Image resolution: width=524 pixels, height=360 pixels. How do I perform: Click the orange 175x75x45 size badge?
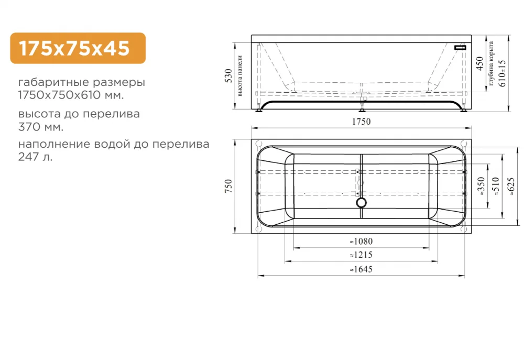78,48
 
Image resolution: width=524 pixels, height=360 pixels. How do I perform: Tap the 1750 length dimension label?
361,122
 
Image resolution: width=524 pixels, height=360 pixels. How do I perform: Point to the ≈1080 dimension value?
361,242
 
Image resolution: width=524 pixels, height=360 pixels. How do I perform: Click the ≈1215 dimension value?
361,255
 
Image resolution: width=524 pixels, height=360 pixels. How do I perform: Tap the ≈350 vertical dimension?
482,187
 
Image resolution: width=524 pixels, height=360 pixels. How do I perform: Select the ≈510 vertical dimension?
496,187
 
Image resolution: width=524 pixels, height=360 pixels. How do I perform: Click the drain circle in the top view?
362,202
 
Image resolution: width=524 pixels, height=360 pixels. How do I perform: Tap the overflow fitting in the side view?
460,47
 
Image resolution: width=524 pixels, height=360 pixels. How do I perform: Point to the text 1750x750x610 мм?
71,96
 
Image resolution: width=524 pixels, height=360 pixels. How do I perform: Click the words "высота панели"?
240,76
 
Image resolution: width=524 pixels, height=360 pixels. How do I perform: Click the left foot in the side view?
259,110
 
